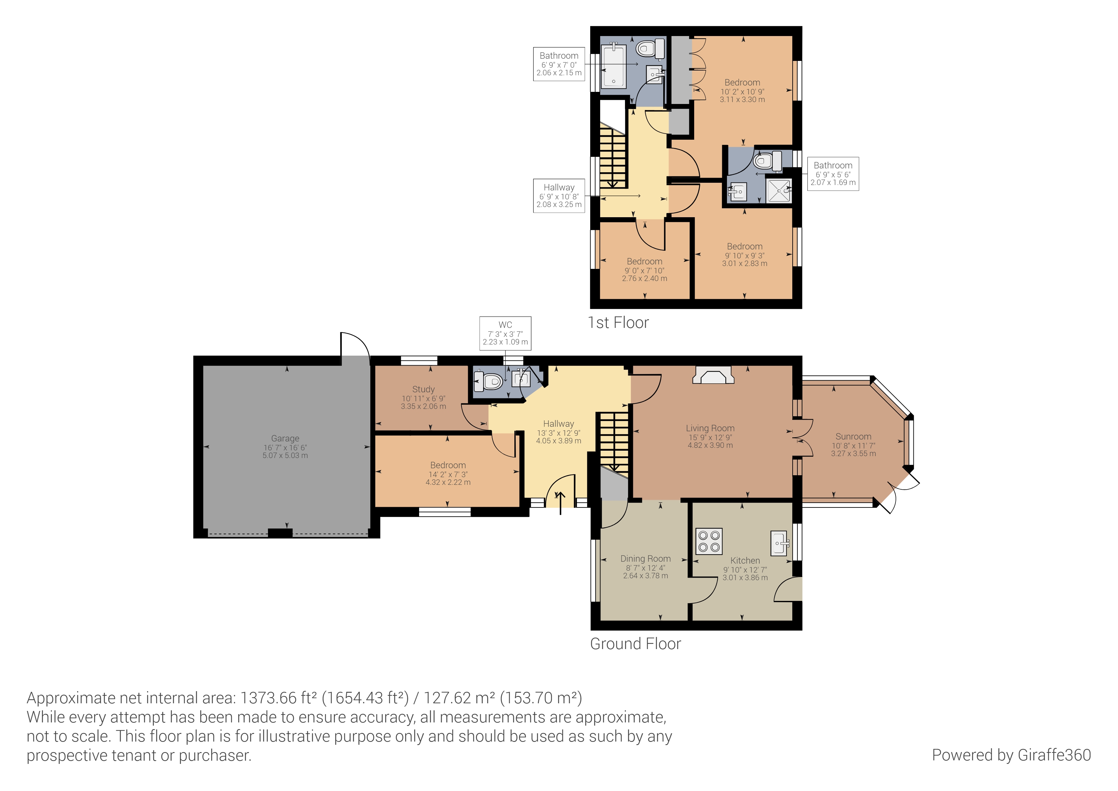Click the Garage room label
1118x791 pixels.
(x=285, y=439)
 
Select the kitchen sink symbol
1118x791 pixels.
(x=780, y=543)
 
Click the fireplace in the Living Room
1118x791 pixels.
(x=713, y=376)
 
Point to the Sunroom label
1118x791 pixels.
(x=853, y=437)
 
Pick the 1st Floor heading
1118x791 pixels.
(x=618, y=323)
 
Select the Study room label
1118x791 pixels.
(x=423, y=389)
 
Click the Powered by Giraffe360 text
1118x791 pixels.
(x=1011, y=755)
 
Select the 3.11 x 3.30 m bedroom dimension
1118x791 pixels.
(x=742, y=100)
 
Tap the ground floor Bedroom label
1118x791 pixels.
(x=447, y=465)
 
